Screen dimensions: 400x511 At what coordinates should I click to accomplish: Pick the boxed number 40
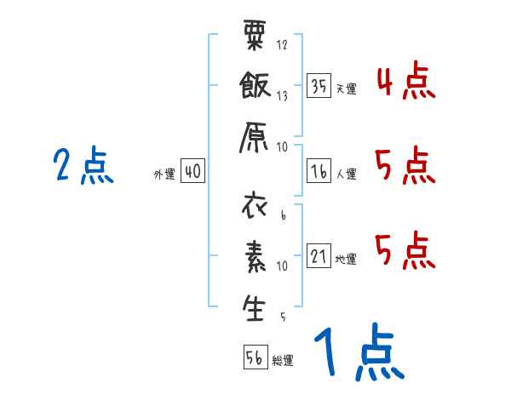[192, 171]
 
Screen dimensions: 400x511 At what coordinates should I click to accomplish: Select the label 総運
[283, 360]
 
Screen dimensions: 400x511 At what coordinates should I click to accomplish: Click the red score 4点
[405, 82]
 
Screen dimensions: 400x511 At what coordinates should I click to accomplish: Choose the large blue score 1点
[358, 352]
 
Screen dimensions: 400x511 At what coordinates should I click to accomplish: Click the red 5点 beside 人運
[405, 165]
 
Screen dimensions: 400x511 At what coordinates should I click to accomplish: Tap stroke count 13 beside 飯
[283, 96]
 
